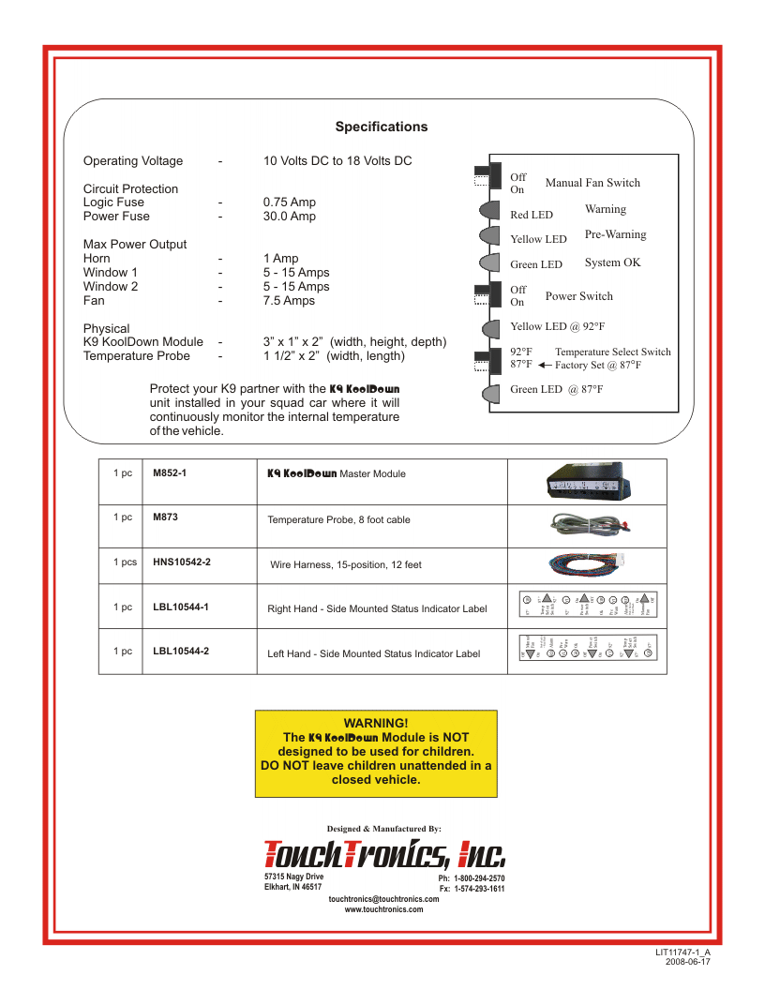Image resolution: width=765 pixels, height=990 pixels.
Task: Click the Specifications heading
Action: coord(382,127)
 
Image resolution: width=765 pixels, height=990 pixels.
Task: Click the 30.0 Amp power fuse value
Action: coord(290,217)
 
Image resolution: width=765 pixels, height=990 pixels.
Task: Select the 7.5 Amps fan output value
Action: coord(290,301)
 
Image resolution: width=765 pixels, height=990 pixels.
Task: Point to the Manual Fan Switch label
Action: coord(592,183)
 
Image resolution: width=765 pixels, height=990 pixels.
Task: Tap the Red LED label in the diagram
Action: coord(532,215)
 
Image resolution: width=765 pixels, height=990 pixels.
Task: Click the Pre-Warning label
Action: coord(615,234)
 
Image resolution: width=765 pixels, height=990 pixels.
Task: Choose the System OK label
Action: coord(612,262)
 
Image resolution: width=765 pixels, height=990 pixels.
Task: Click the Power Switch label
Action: coord(578,296)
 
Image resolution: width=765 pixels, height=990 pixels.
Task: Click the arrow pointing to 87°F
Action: coord(546,366)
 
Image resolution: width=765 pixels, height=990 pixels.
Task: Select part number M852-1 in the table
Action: coord(170,473)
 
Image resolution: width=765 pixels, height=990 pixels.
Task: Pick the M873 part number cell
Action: coord(165,517)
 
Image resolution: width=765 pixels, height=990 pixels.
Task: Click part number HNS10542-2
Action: coord(182,562)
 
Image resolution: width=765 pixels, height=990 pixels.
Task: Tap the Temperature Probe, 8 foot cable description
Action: coord(338,519)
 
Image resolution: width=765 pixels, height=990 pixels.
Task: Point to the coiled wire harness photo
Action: coord(588,562)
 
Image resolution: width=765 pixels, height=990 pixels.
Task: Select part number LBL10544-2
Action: coord(181,651)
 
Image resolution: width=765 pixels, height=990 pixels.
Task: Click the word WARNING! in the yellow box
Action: coord(376,723)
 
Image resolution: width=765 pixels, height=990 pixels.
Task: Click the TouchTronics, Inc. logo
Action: coord(385,853)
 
